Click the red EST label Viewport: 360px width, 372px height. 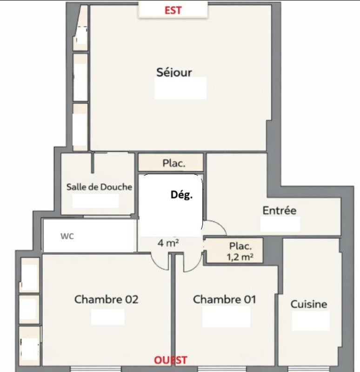pos(173,10)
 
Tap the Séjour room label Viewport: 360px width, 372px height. pos(174,73)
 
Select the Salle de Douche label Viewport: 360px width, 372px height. pos(99,187)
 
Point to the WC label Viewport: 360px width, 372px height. pos(67,236)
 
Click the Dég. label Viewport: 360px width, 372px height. pos(181,195)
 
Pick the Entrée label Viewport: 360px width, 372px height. pos(279,211)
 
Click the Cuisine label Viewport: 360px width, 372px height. pos(308,305)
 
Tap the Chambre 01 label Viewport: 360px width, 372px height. pos(224,299)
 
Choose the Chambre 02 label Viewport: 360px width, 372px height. pos(106,299)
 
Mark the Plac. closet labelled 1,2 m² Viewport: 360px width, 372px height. pos(234,250)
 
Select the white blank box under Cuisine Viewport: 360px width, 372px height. pos(311,321)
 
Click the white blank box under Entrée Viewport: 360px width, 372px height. pos(280,224)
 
